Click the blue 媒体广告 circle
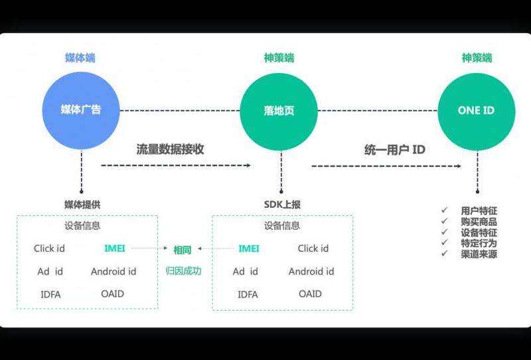click(x=81, y=111)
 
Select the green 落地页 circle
click(x=279, y=111)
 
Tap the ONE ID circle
click(x=477, y=111)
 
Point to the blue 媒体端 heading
click(x=80, y=58)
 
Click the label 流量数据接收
click(x=170, y=149)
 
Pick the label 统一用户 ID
click(x=395, y=149)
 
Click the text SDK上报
click(x=282, y=204)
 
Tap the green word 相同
click(x=183, y=250)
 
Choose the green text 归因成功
click(x=183, y=270)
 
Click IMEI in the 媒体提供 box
click(x=115, y=248)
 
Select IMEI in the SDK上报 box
click(x=249, y=248)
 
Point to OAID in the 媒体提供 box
click(x=113, y=293)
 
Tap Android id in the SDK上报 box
click(x=311, y=271)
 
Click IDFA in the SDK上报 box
click(x=248, y=294)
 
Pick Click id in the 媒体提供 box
click(x=49, y=248)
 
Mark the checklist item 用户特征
click(x=479, y=211)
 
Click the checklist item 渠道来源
click(x=479, y=254)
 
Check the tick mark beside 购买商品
click(x=445, y=221)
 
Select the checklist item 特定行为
click(x=479, y=243)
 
